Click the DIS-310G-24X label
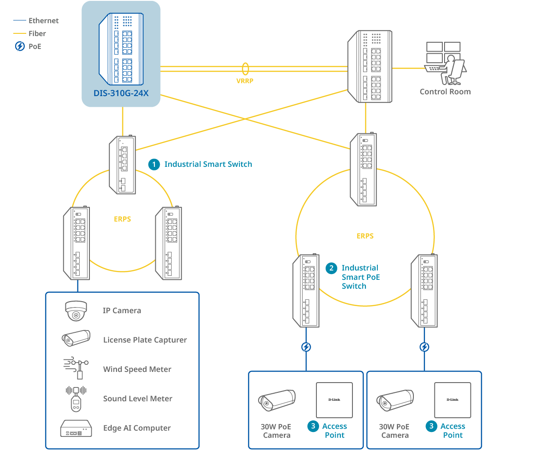tap(121, 94)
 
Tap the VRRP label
tap(245, 81)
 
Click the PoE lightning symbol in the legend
tap(20, 46)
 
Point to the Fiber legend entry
tap(37, 33)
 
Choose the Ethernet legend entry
tap(43, 20)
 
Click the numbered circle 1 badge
tap(154, 165)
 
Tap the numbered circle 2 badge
tap(331, 268)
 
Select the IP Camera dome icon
tap(76, 311)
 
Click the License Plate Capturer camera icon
tap(76, 339)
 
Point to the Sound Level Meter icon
tap(76, 398)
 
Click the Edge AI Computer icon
tap(76, 428)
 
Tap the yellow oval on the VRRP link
tap(245, 69)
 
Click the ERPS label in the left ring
tap(122, 219)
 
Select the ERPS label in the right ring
tap(365, 236)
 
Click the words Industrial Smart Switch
tap(208, 164)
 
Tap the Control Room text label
tap(445, 92)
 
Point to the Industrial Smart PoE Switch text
tap(360, 277)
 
